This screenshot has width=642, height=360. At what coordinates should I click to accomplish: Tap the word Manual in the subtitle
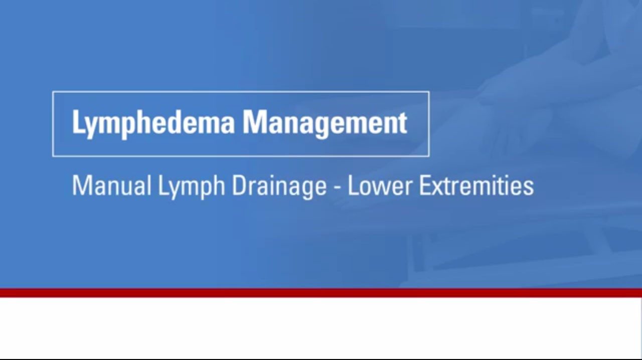point(111,186)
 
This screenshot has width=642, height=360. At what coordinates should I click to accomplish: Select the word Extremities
point(476,186)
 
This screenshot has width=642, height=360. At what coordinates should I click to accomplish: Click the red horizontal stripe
point(321,293)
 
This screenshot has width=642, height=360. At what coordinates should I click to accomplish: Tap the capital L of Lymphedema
point(78,122)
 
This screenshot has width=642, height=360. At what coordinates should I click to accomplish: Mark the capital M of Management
point(254,122)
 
